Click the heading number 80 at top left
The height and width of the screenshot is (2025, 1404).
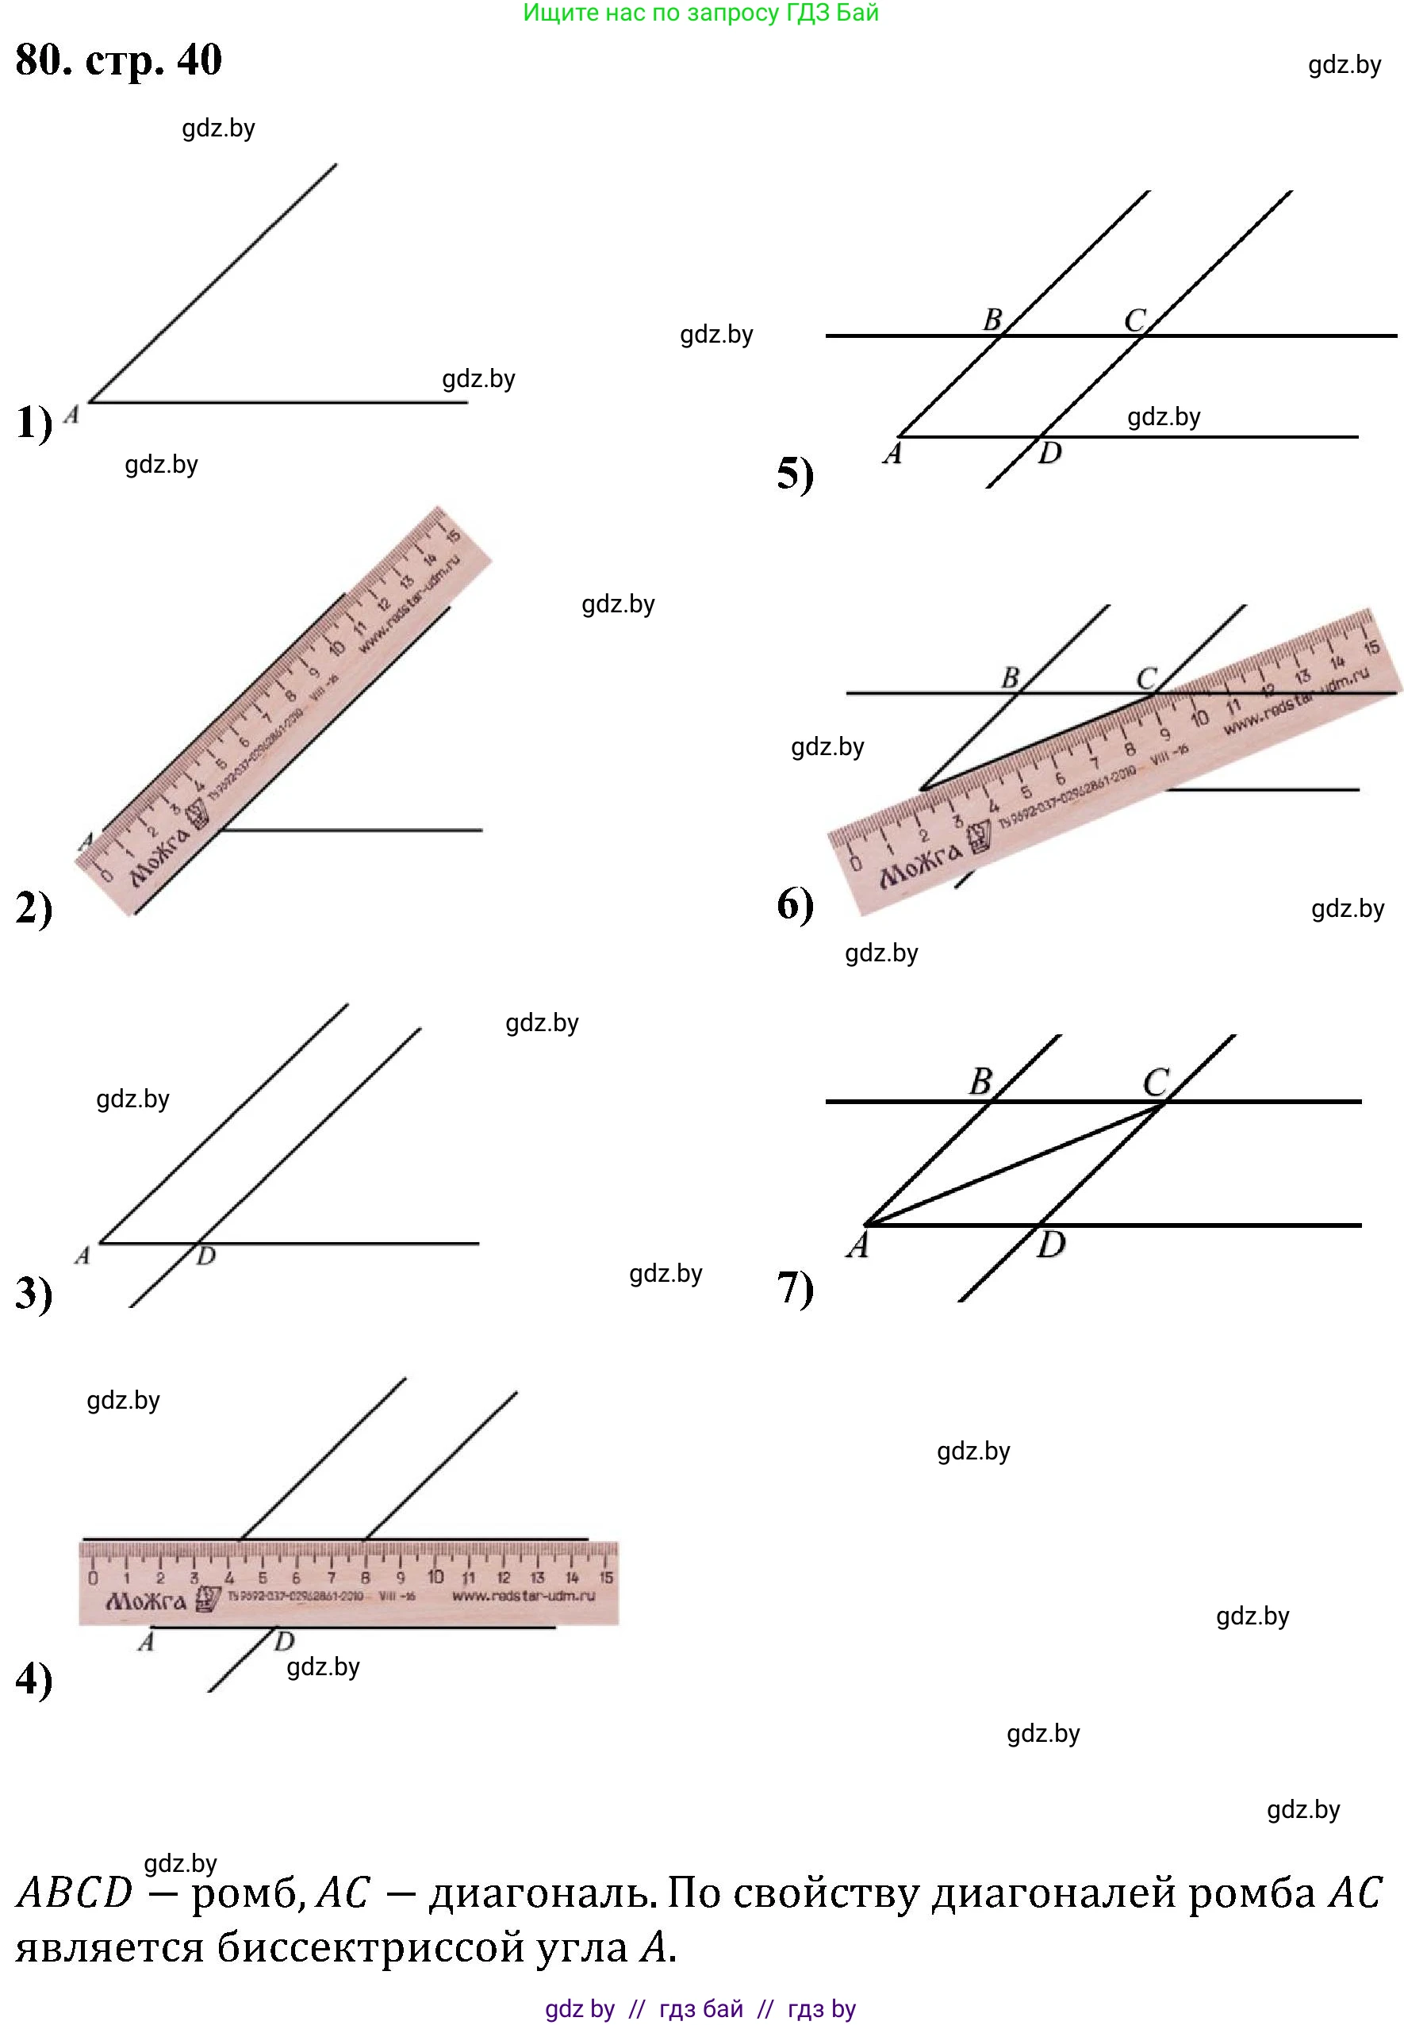pos(42,59)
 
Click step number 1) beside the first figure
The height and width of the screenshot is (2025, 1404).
pos(34,422)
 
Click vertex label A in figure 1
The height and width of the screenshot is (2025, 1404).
pos(72,413)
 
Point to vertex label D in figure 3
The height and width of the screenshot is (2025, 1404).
pos(206,1256)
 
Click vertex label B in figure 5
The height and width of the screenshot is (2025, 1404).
pos(992,320)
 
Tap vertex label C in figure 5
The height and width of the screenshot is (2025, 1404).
pos(1135,320)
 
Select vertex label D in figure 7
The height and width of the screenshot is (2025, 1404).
pos(1050,1245)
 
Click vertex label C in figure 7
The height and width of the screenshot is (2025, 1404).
pos(1156,1081)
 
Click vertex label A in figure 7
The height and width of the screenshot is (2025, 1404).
pos(857,1245)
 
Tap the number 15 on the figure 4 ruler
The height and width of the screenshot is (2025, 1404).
pos(606,1578)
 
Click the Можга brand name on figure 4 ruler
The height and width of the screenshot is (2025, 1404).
pos(145,1600)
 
